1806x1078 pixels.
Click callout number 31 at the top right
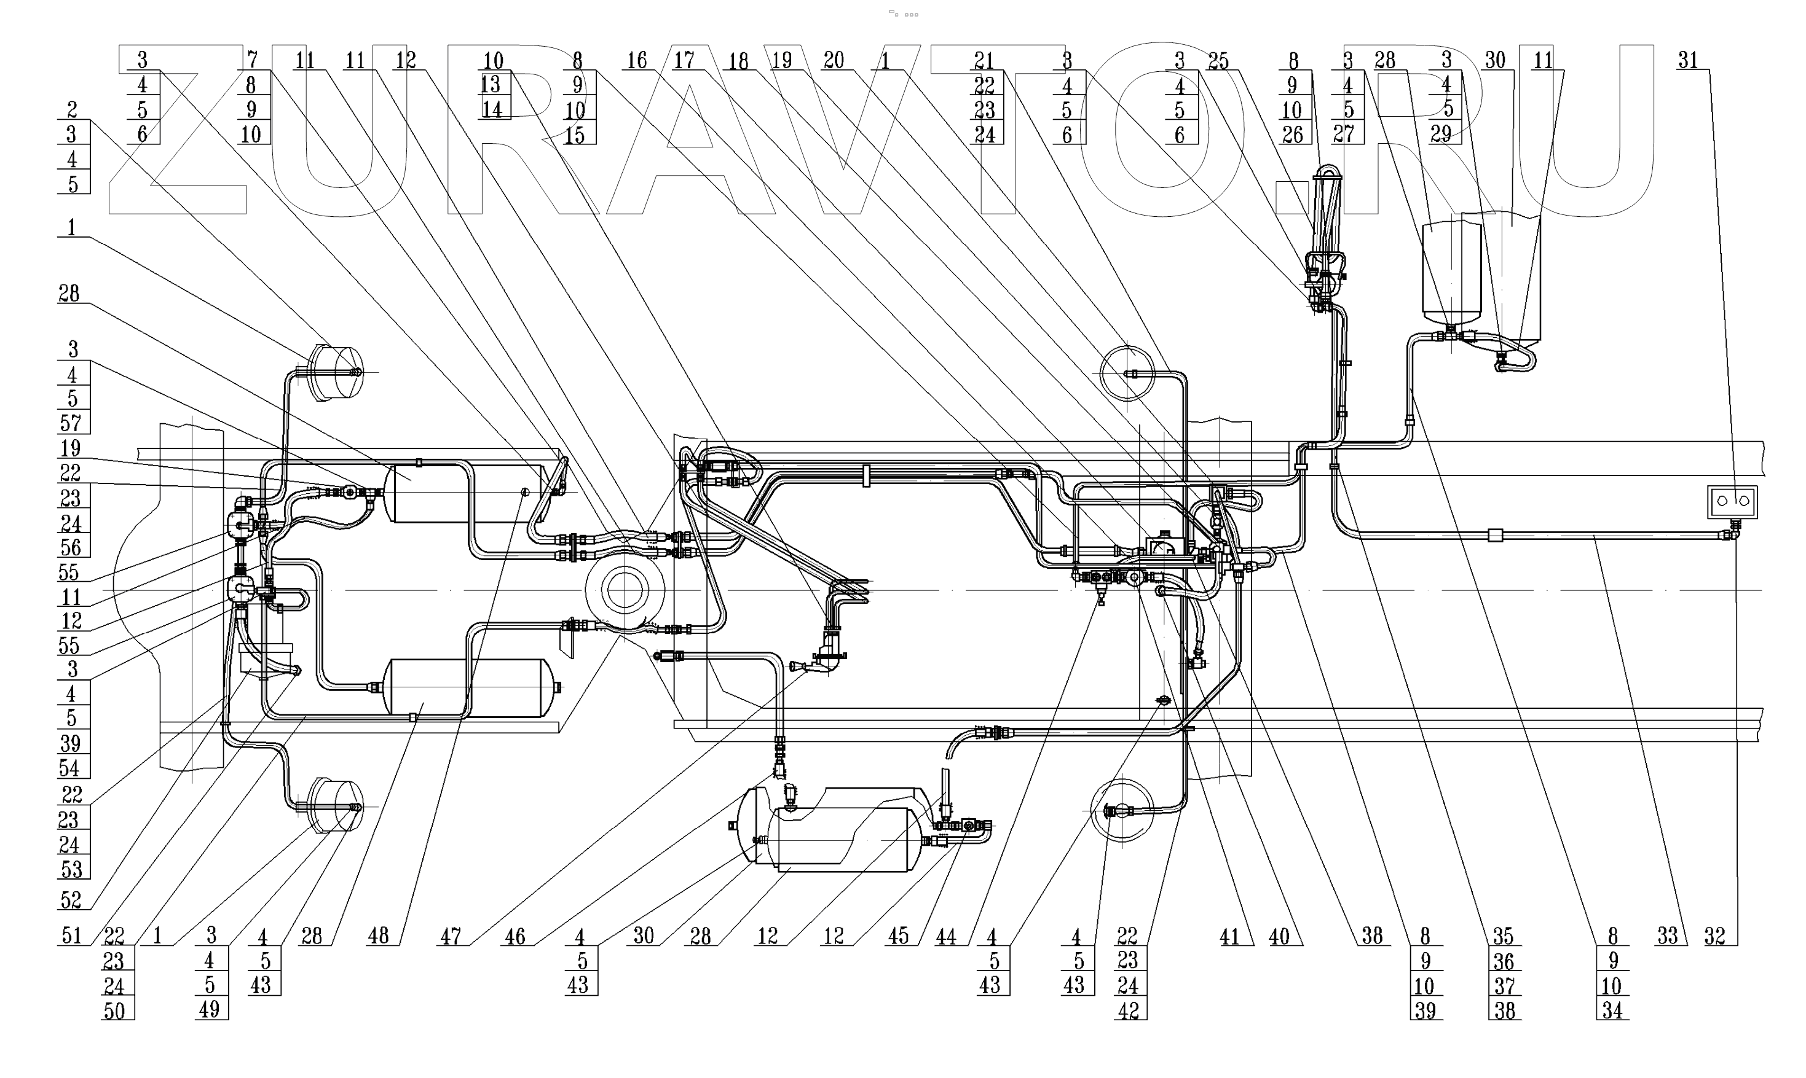click(1687, 60)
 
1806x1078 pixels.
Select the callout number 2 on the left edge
click(72, 110)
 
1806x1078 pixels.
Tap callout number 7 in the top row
click(252, 60)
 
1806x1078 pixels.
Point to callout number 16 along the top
click(637, 60)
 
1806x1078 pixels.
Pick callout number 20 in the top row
click(833, 60)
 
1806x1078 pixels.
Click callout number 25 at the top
click(1218, 61)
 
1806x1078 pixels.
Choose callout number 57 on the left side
click(72, 422)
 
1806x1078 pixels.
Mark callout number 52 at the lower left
click(71, 900)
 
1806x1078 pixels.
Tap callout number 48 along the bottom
click(378, 935)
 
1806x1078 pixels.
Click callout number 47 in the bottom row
click(450, 936)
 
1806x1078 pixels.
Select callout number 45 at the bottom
click(898, 935)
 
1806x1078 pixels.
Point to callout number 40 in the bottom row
click(1279, 936)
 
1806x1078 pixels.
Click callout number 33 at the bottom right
click(1667, 935)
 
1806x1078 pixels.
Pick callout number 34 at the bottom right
click(1612, 1010)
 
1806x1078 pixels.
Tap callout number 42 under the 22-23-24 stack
click(1128, 1010)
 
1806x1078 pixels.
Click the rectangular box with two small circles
click(1732, 501)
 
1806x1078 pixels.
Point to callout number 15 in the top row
click(574, 135)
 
